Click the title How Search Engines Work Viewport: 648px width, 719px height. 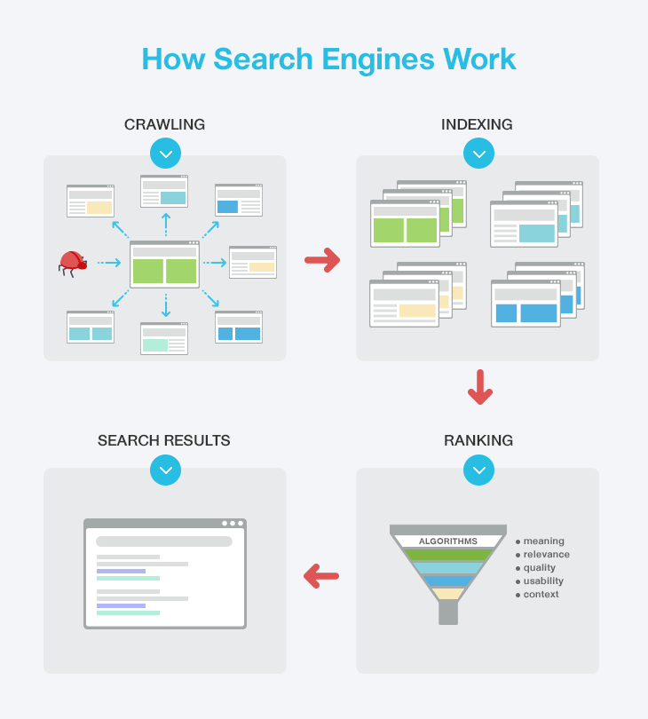pos(328,59)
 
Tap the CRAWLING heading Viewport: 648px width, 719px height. pos(164,124)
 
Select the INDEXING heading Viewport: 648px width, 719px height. pos(477,124)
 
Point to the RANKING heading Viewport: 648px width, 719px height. pos(478,440)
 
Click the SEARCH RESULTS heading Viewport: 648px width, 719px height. pos(164,440)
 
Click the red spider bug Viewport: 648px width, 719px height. pos(72,262)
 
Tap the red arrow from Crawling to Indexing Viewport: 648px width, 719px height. pos(322,260)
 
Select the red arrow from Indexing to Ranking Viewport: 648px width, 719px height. pos(479,387)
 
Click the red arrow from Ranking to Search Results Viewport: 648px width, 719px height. pos(321,576)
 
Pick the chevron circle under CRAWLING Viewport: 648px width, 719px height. pos(165,153)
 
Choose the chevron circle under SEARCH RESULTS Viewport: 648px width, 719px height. pos(165,470)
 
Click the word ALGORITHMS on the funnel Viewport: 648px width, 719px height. pos(448,541)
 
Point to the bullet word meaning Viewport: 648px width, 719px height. pos(543,541)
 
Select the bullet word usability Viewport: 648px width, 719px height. pos(543,581)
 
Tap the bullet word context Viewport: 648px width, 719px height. pos(541,595)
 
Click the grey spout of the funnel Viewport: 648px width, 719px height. pos(448,612)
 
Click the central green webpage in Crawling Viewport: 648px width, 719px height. pos(164,265)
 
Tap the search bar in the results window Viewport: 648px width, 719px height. pos(164,541)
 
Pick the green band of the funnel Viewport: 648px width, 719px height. pos(448,555)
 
